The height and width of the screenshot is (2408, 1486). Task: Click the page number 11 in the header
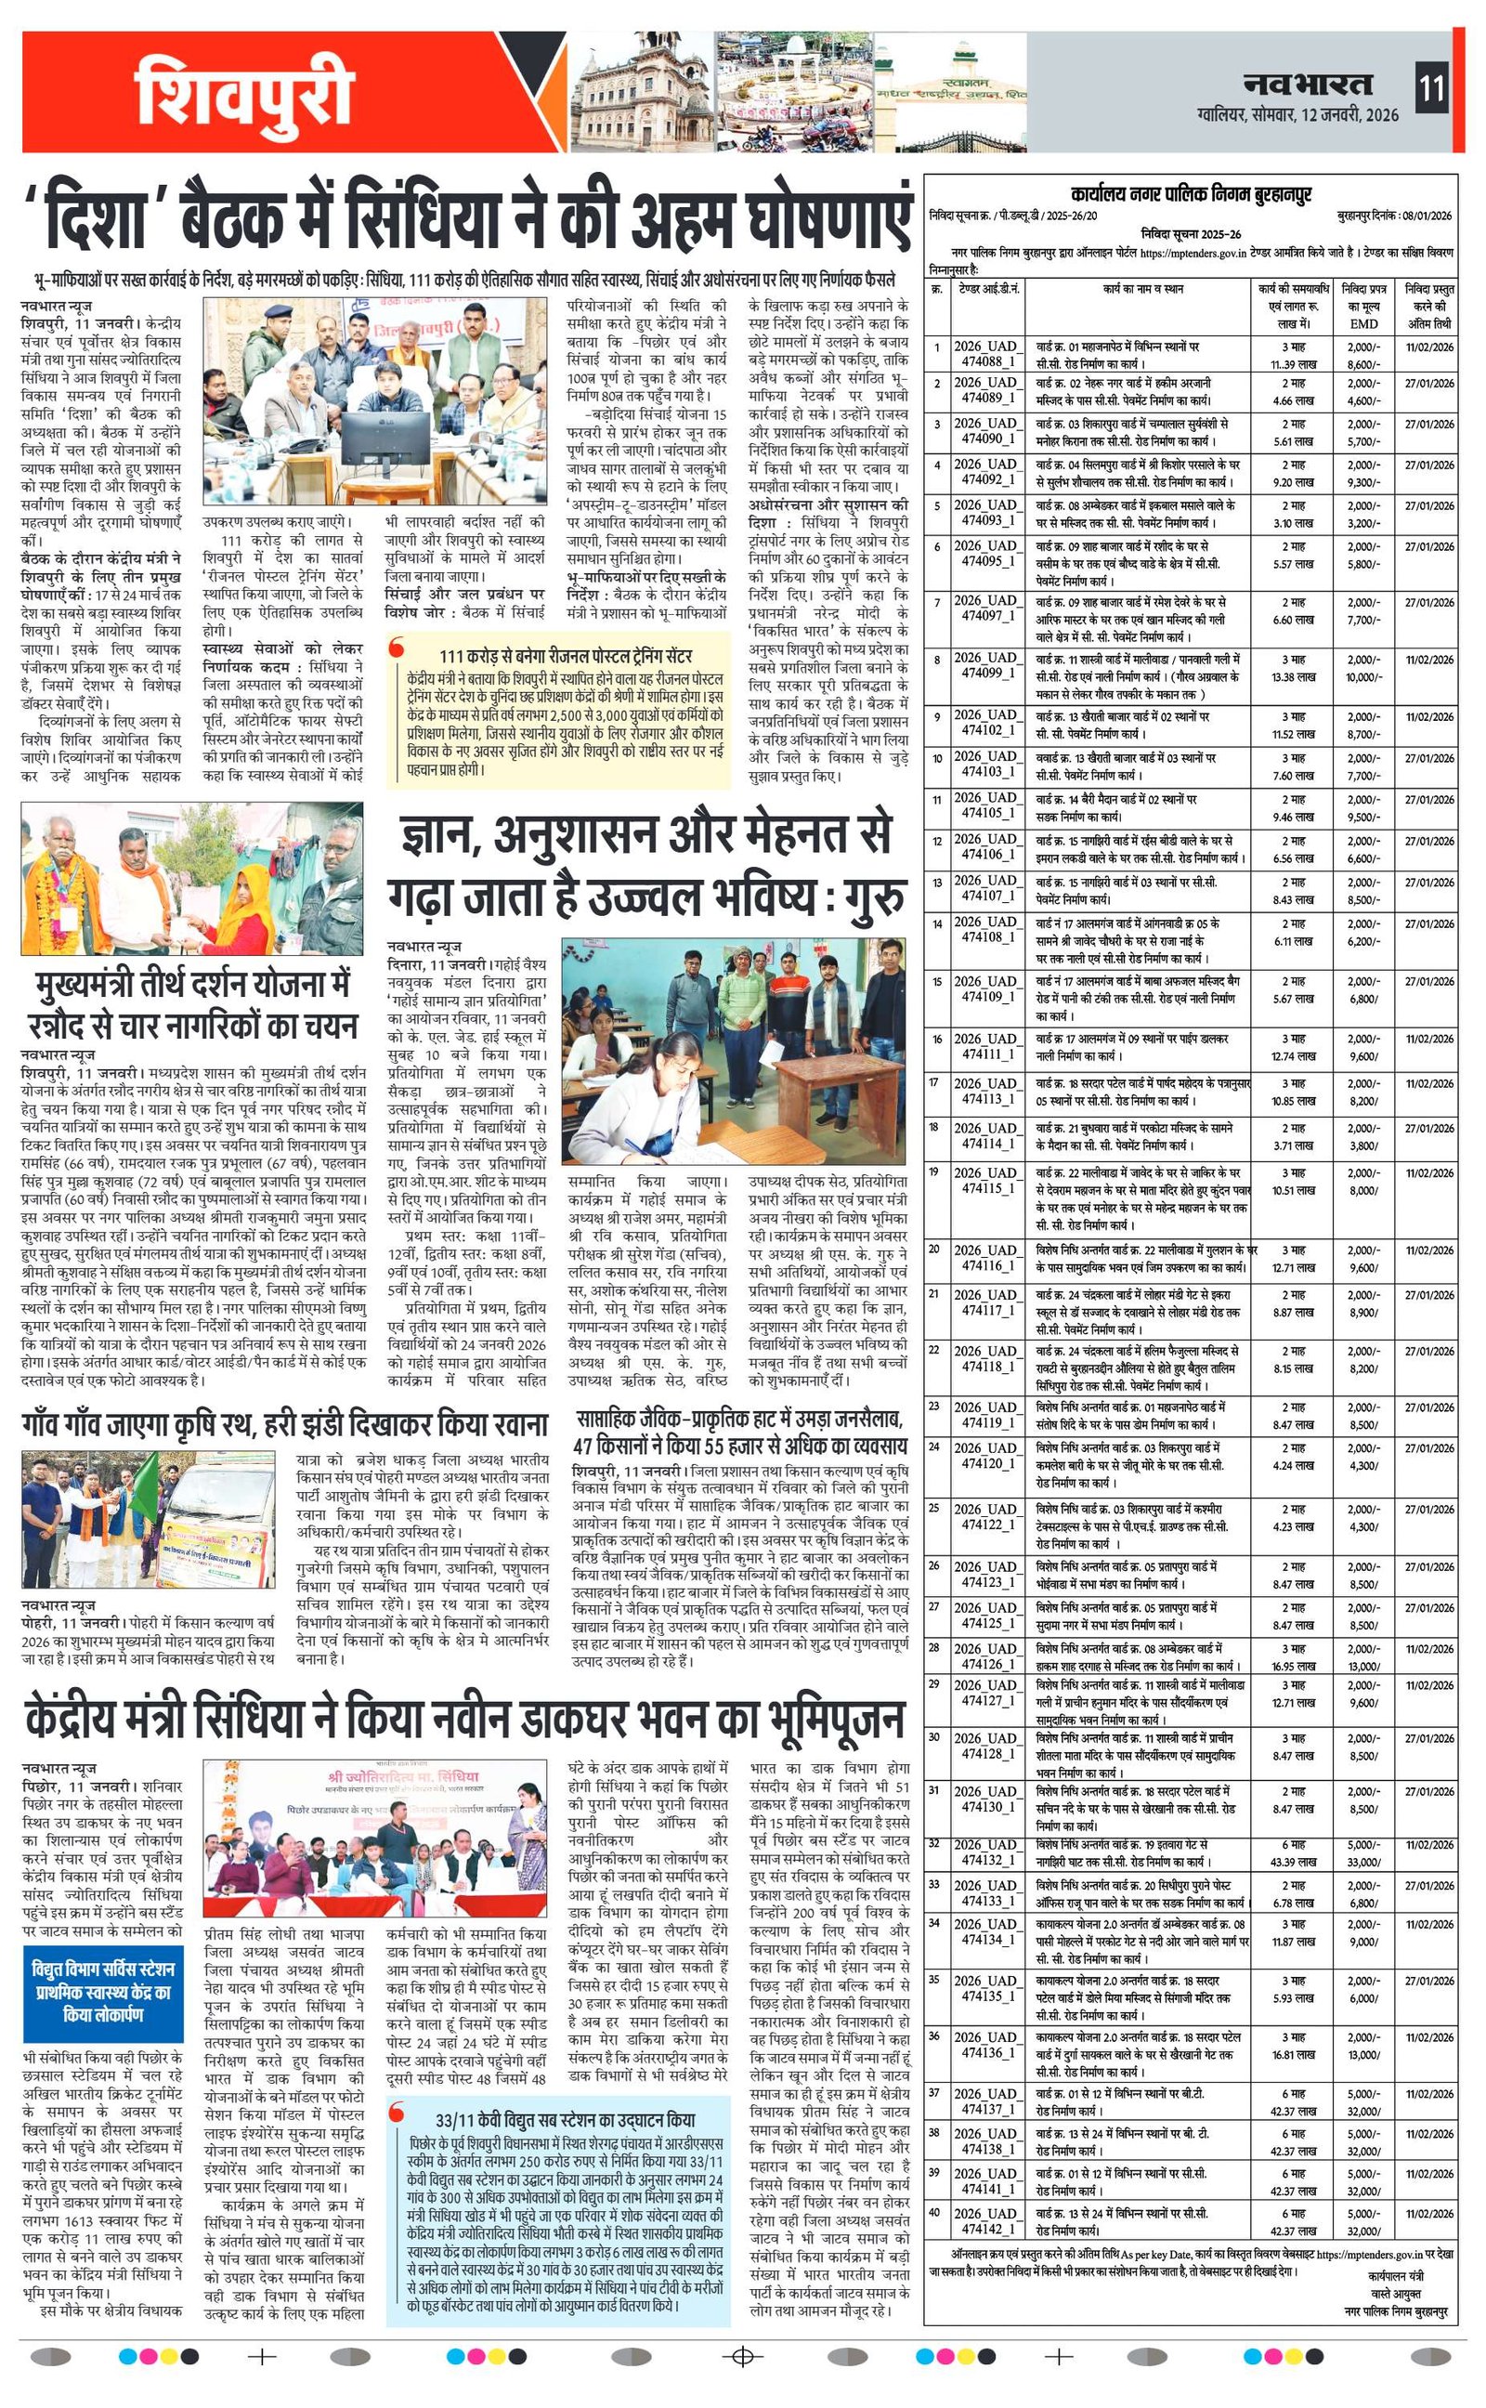(x=1432, y=88)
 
